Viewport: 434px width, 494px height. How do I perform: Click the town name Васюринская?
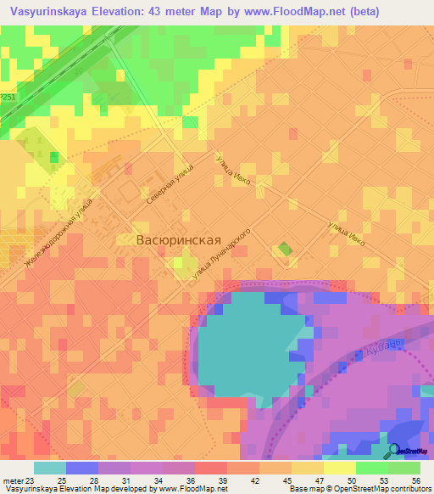184,240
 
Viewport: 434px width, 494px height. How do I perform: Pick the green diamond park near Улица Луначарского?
285,250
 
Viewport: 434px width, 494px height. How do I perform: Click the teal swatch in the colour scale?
50,469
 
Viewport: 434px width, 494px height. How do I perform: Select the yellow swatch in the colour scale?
339,469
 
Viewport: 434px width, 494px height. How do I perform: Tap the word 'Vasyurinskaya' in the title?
46,11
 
